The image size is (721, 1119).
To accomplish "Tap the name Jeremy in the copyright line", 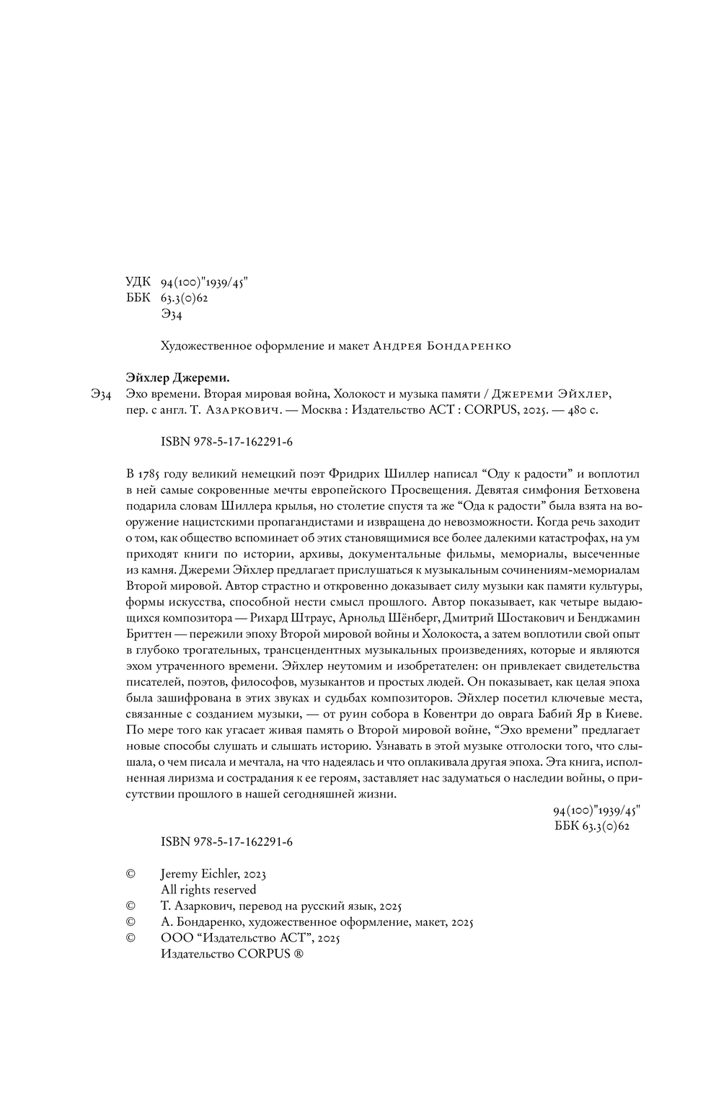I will tap(181, 874).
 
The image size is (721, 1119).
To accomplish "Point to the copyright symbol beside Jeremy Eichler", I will tap(131, 874).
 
